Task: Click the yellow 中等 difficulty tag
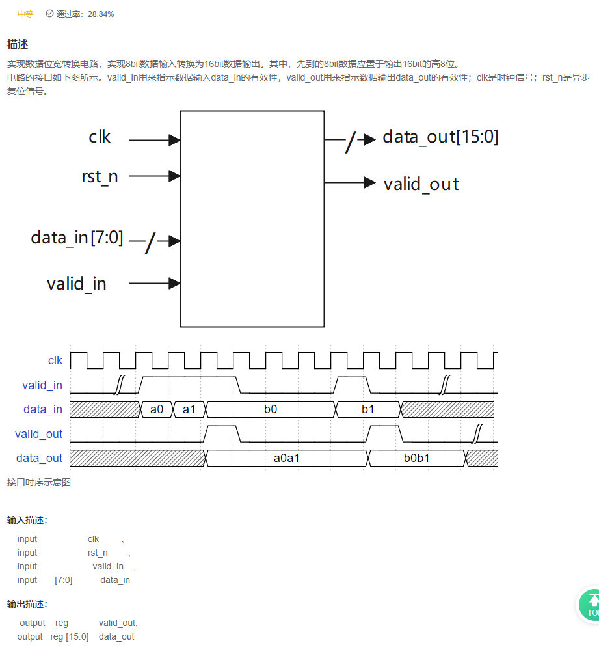click(x=25, y=14)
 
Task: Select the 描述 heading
click(x=18, y=44)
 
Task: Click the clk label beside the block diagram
click(x=100, y=137)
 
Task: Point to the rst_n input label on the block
click(x=100, y=176)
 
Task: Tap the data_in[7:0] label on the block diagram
click(x=77, y=238)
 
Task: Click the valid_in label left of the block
click(x=77, y=284)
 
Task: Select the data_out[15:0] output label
click(x=440, y=137)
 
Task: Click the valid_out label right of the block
click(x=421, y=184)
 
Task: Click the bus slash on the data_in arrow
click(x=150, y=243)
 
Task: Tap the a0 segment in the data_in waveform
click(x=157, y=409)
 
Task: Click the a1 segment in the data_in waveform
click(x=189, y=409)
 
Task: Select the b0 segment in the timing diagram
click(x=270, y=409)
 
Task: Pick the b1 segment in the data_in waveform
click(x=367, y=409)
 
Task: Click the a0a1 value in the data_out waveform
click(x=286, y=458)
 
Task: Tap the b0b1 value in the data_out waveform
click(x=416, y=458)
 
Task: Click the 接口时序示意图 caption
click(x=39, y=482)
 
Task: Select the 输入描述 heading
click(x=27, y=520)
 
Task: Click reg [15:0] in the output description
click(x=70, y=636)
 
